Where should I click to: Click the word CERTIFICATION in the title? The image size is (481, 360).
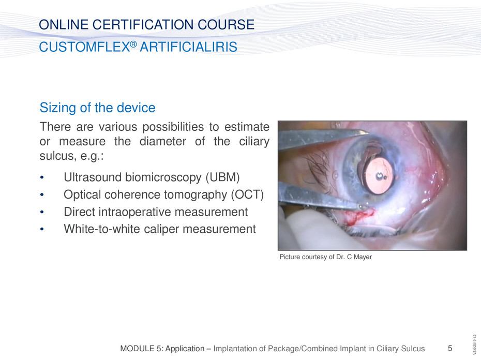[x=143, y=24]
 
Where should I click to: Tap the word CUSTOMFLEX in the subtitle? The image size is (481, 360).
[x=84, y=47]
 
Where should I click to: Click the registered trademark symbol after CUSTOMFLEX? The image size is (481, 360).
[x=133, y=44]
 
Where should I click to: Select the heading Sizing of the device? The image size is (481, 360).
[x=98, y=108]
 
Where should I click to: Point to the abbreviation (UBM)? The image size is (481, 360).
[x=223, y=177]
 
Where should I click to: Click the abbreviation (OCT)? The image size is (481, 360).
[x=247, y=194]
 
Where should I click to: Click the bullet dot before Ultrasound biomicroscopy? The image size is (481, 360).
[x=42, y=178]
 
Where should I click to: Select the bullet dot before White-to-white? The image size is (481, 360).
[x=42, y=229]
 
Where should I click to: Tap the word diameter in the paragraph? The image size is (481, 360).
[x=163, y=141]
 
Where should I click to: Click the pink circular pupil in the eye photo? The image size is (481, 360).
[x=379, y=175]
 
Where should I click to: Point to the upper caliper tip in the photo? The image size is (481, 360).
[x=368, y=132]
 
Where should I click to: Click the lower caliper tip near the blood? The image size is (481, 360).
[x=363, y=207]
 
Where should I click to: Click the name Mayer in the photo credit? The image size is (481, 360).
[x=363, y=257]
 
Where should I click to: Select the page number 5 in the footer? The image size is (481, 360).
[x=450, y=348]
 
